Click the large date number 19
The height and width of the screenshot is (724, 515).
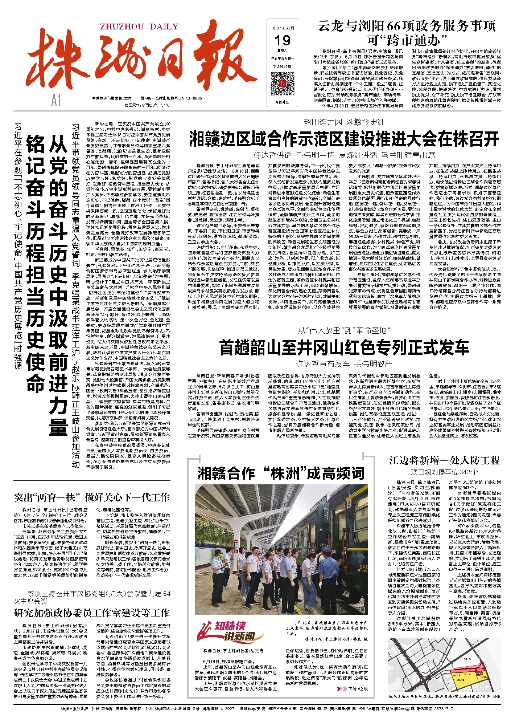(282, 40)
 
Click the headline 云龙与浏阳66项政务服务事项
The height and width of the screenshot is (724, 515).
(407, 26)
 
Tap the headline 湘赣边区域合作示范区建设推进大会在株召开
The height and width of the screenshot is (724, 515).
(344, 139)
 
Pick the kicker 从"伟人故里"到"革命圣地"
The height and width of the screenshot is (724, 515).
(344, 330)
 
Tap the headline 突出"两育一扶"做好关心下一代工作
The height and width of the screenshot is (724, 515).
(92, 497)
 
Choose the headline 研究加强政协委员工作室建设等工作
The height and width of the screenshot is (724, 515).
(92, 613)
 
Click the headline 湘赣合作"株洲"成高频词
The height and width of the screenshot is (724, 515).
(281, 473)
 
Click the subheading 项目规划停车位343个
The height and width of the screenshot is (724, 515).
(444, 472)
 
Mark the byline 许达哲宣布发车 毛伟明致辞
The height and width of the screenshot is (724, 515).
(344, 364)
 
